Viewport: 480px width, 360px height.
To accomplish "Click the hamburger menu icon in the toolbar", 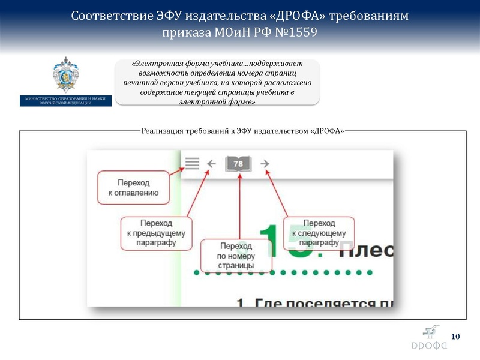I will [192, 163].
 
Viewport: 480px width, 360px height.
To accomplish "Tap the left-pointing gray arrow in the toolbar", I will [211, 163].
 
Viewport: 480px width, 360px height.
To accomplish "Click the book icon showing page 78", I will [239, 163].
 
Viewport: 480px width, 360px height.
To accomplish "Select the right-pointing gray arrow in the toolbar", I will [265, 163].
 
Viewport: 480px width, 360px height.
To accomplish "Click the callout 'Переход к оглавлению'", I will [133, 187].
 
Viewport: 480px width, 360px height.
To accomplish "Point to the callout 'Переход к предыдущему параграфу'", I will [156, 233].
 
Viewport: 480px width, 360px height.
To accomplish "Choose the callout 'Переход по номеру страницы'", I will [236, 256].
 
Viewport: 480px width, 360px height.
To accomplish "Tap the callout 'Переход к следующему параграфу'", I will [319, 233].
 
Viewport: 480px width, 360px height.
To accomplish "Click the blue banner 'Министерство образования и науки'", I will [65, 100].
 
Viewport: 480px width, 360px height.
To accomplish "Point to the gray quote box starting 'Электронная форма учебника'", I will [218, 82].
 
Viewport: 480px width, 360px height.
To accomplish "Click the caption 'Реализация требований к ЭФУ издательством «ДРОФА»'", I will [243, 131].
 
